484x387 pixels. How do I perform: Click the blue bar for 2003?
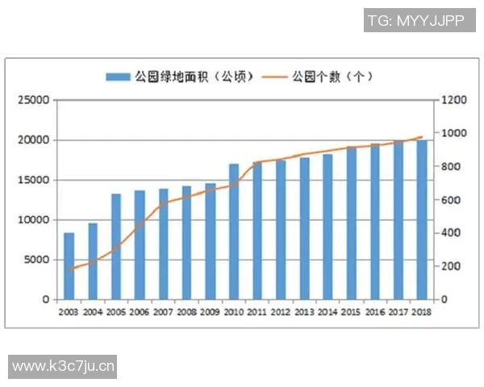point(69,266)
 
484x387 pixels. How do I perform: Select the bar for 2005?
point(116,247)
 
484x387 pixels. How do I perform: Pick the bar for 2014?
point(328,227)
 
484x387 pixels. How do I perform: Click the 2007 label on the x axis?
point(163,312)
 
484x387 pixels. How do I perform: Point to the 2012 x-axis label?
point(281,312)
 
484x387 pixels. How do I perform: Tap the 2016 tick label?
point(374,312)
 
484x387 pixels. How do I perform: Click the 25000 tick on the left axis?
point(35,101)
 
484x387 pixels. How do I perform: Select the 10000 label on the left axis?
point(35,220)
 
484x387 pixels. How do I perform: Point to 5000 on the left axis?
point(37,260)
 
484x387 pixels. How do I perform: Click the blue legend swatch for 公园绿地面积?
point(117,77)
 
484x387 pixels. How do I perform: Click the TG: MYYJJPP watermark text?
point(415,21)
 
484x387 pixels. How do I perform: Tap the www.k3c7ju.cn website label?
point(64,367)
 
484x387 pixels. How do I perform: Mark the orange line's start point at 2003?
point(69,269)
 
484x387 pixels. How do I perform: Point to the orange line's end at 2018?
point(421,137)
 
